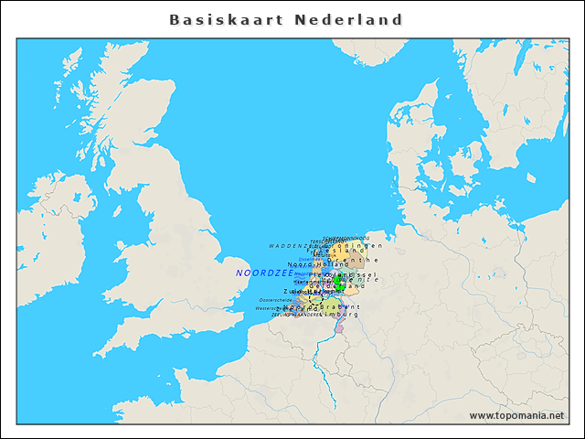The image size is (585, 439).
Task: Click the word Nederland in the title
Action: point(349,19)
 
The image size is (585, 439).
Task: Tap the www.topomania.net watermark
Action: point(516,416)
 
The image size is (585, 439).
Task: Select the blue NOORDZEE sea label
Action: point(264,273)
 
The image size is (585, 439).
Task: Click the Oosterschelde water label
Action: point(276,299)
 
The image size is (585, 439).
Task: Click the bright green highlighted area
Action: point(340,283)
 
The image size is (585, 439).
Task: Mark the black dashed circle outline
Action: point(314,299)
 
